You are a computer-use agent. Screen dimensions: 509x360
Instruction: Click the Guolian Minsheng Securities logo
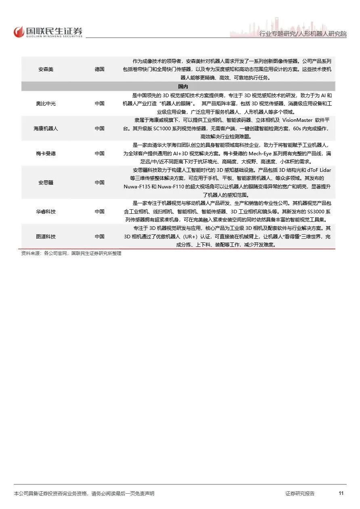48,31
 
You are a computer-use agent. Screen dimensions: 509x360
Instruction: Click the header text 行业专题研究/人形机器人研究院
303,34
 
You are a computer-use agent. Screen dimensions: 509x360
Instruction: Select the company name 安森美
46,69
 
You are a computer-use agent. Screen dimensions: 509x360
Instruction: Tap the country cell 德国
99,69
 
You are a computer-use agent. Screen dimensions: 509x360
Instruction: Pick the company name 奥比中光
46,104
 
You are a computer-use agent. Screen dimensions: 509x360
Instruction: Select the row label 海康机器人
46,129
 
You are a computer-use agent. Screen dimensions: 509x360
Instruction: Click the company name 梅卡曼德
46,154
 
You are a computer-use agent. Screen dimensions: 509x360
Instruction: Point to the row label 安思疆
46,183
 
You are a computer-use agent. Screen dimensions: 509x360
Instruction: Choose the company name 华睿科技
46,212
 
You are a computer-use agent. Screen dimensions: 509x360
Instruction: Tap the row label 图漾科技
46,237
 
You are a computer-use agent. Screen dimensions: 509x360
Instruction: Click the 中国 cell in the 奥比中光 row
99,104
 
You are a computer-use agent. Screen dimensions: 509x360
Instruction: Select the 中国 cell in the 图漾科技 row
99,237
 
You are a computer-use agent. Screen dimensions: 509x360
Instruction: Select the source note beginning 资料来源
71,254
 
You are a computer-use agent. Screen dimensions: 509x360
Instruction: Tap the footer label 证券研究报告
300,494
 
